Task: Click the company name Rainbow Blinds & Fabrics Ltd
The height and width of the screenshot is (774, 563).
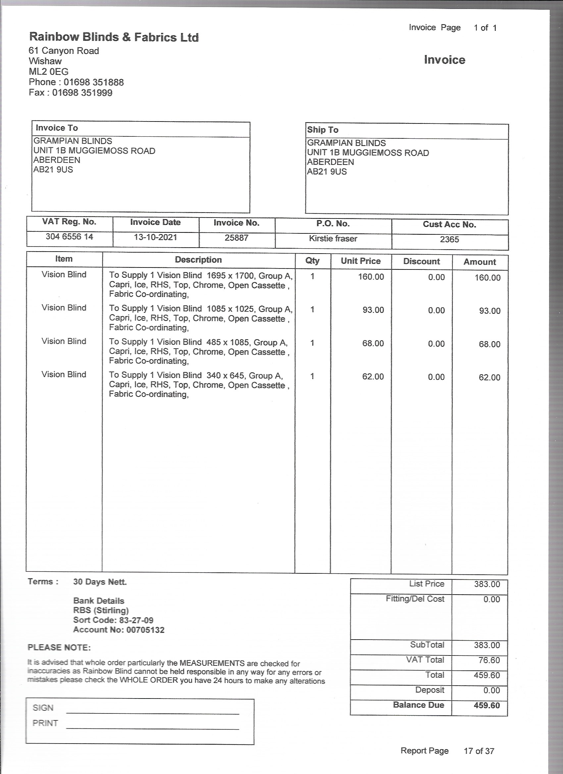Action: [x=114, y=37]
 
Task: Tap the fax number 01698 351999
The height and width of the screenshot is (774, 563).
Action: [x=82, y=93]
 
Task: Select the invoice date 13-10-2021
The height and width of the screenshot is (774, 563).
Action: [x=155, y=237]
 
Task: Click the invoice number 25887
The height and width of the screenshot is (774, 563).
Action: [x=236, y=238]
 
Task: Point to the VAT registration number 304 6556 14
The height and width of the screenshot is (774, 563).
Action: [x=69, y=236]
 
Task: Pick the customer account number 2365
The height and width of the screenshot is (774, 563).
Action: [x=449, y=239]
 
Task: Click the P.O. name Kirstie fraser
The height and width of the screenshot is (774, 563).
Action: [x=333, y=239]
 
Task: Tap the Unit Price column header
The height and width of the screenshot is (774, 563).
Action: [x=361, y=261]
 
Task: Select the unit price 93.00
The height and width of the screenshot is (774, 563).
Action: [x=373, y=310]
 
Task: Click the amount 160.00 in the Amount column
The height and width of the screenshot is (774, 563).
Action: [x=487, y=278]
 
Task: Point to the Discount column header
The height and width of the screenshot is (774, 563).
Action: [x=421, y=262]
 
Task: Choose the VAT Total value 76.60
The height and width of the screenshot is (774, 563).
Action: [x=489, y=660]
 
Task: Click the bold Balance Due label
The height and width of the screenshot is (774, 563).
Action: [x=418, y=705]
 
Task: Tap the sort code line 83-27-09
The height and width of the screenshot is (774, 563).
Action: [x=113, y=620]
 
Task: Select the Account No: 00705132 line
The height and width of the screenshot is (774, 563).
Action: [x=119, y=630]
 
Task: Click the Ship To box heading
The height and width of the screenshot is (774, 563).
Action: [x=323, y=130]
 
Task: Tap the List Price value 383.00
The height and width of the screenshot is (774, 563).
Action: [x=486, y=584]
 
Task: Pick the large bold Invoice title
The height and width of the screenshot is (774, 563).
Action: [x=444, y=60]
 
